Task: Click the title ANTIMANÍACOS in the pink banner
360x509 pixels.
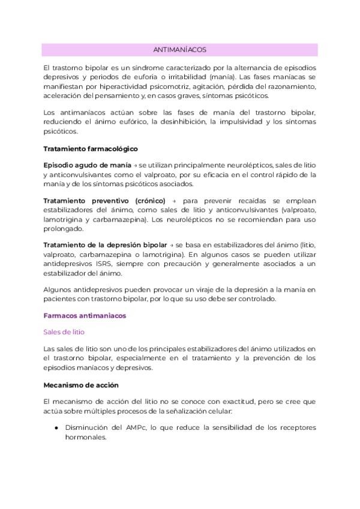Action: tap(180, 50)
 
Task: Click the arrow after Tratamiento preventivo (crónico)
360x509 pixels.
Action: tap(172, 200)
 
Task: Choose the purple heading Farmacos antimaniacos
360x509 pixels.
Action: tap(85, 315)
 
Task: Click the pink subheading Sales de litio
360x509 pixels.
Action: tap(64, 331)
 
